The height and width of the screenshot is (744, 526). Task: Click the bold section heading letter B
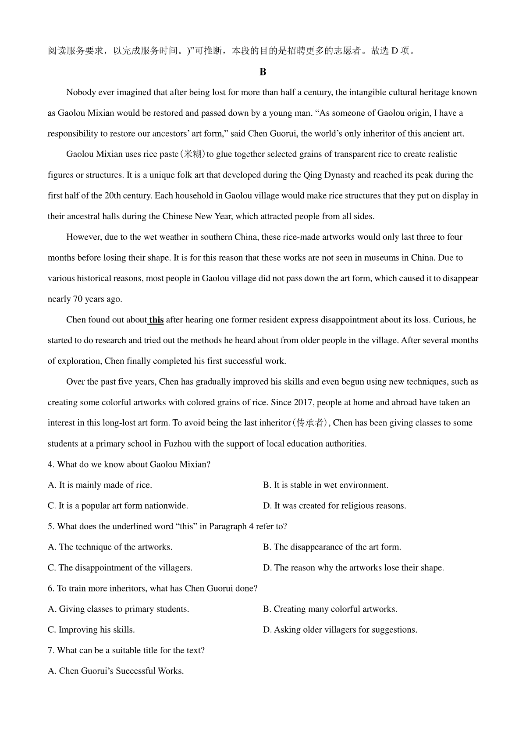click(263, 72)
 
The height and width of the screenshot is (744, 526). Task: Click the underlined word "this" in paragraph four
click(156, 320)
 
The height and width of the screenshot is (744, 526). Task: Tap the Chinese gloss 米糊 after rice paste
click(193, 154)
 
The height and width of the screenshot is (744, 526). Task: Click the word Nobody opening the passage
click(81, 92)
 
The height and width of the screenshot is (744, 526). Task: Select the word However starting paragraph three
click(84, 237)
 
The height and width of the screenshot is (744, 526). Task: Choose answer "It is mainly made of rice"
click(100, 485)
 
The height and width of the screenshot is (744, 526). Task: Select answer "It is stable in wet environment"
click(326, 485)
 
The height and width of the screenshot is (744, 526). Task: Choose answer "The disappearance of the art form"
click(332, 547)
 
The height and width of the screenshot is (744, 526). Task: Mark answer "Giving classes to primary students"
click(118, 609)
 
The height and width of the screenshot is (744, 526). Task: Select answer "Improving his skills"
click(91, 630)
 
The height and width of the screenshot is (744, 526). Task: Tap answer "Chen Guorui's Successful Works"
click(116, 671)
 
